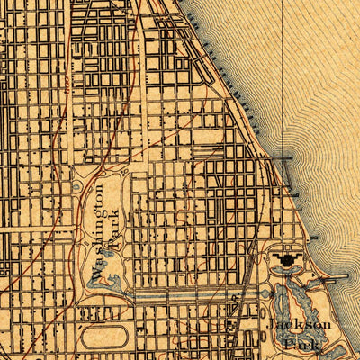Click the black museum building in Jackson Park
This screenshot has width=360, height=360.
(287, 260)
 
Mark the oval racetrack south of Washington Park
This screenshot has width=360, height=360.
(100, 337)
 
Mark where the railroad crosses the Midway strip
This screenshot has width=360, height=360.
(236, 295)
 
